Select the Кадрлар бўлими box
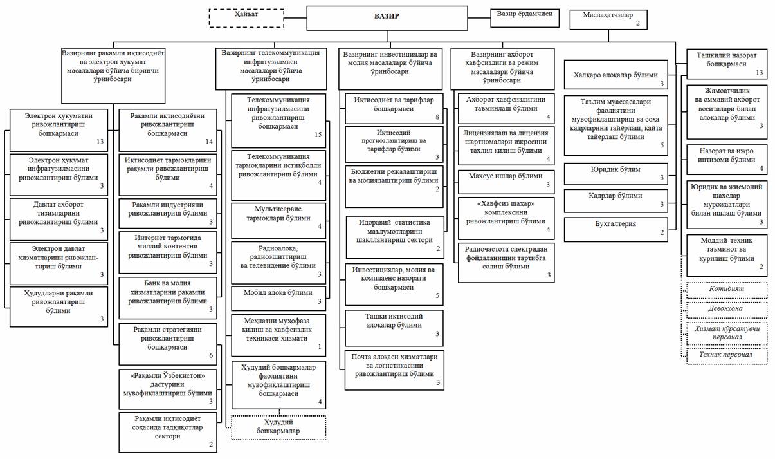[615, 200]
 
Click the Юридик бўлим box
[615, 174]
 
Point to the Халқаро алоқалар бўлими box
[615, 76]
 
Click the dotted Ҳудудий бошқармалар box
[278, 426]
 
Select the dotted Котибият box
[726, 291]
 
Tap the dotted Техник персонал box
[726, 355]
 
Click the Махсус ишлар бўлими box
[506, 180]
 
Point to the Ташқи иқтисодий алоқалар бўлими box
[394, 327]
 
